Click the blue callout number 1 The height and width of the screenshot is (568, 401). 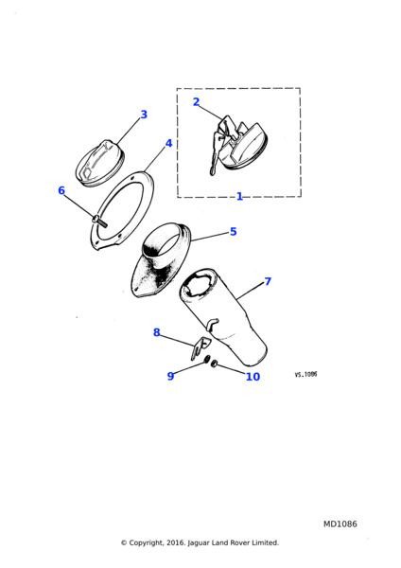tap(239, 196)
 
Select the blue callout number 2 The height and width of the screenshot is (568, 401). tap(196, 102)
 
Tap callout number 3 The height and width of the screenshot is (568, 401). tap(144, 115)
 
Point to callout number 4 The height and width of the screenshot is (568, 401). tap(168, 144)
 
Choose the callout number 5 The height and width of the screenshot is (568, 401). tap(234, 232)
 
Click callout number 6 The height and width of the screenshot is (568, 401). tap(61, 190)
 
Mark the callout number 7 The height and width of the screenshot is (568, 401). tap(268, 281)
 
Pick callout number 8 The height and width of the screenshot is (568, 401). tap(157, 332)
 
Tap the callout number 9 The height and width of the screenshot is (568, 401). tap(170, 376)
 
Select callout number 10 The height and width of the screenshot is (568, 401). tap(253, 377)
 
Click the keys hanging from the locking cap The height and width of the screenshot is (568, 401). tap(216, 152)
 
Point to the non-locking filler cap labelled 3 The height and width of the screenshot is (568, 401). tap(100, 163)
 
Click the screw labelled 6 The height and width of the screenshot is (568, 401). tap(99, 221)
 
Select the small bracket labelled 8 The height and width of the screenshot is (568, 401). tap(200, 348)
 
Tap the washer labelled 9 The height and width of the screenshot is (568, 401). tap(207, 359)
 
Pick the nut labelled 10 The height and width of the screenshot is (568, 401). tap(214, 364)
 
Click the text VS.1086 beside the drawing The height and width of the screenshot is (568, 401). tap(305, 374)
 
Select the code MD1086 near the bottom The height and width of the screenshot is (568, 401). tap(340, 524)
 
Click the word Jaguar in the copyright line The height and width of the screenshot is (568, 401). tap(198, 543)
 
